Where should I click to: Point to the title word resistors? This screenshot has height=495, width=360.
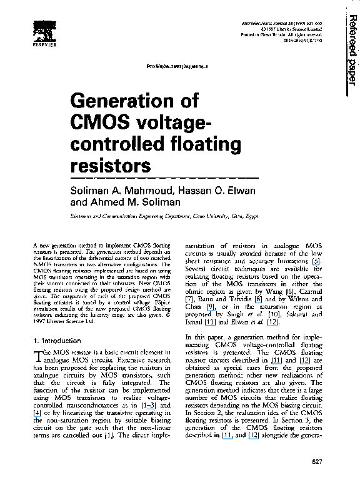pos(112,167)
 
